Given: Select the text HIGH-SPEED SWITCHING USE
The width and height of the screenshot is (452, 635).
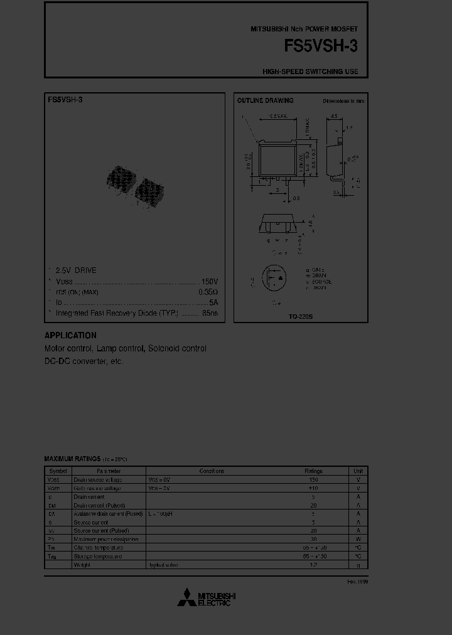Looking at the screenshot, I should click(x=310, y=72).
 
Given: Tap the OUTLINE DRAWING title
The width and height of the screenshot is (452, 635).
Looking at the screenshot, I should click(x=264, y=100).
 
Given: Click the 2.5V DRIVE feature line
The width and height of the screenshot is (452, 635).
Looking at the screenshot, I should click(x=76, y=270).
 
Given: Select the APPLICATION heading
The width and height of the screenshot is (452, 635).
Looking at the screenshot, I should click(x=70, y=336).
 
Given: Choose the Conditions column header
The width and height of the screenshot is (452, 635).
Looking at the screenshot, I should click(x=212, y=471).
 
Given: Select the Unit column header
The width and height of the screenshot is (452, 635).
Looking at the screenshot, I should click(x=358, y=471).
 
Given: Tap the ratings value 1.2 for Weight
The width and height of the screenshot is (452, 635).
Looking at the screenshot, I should click(x=313, y=565).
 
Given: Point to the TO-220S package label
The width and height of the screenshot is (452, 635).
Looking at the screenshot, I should click(x=301, y=317).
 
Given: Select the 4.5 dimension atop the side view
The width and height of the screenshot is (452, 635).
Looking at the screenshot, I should click(x=334, y=116).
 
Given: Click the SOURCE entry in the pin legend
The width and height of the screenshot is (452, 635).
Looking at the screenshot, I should click(x=320, y=282).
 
